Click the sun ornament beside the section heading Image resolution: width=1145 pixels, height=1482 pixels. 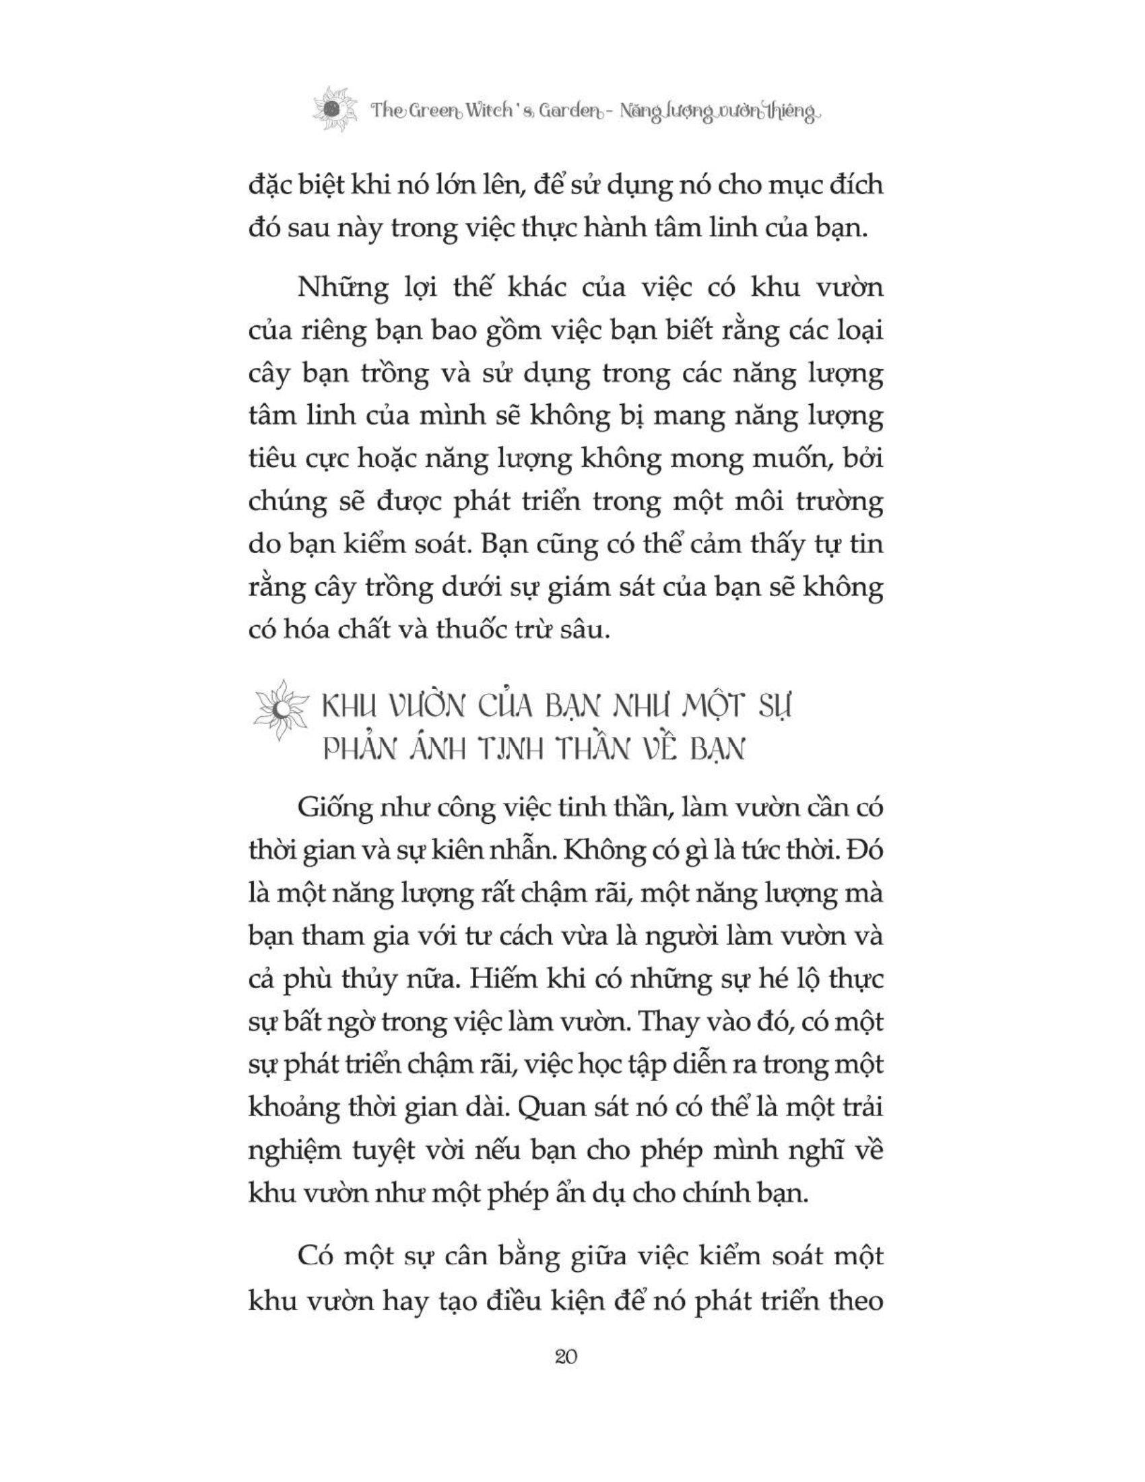pos(278,711)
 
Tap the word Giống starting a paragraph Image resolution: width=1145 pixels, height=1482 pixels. pos(337,809)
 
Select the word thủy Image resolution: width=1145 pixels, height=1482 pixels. pos(387,981)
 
